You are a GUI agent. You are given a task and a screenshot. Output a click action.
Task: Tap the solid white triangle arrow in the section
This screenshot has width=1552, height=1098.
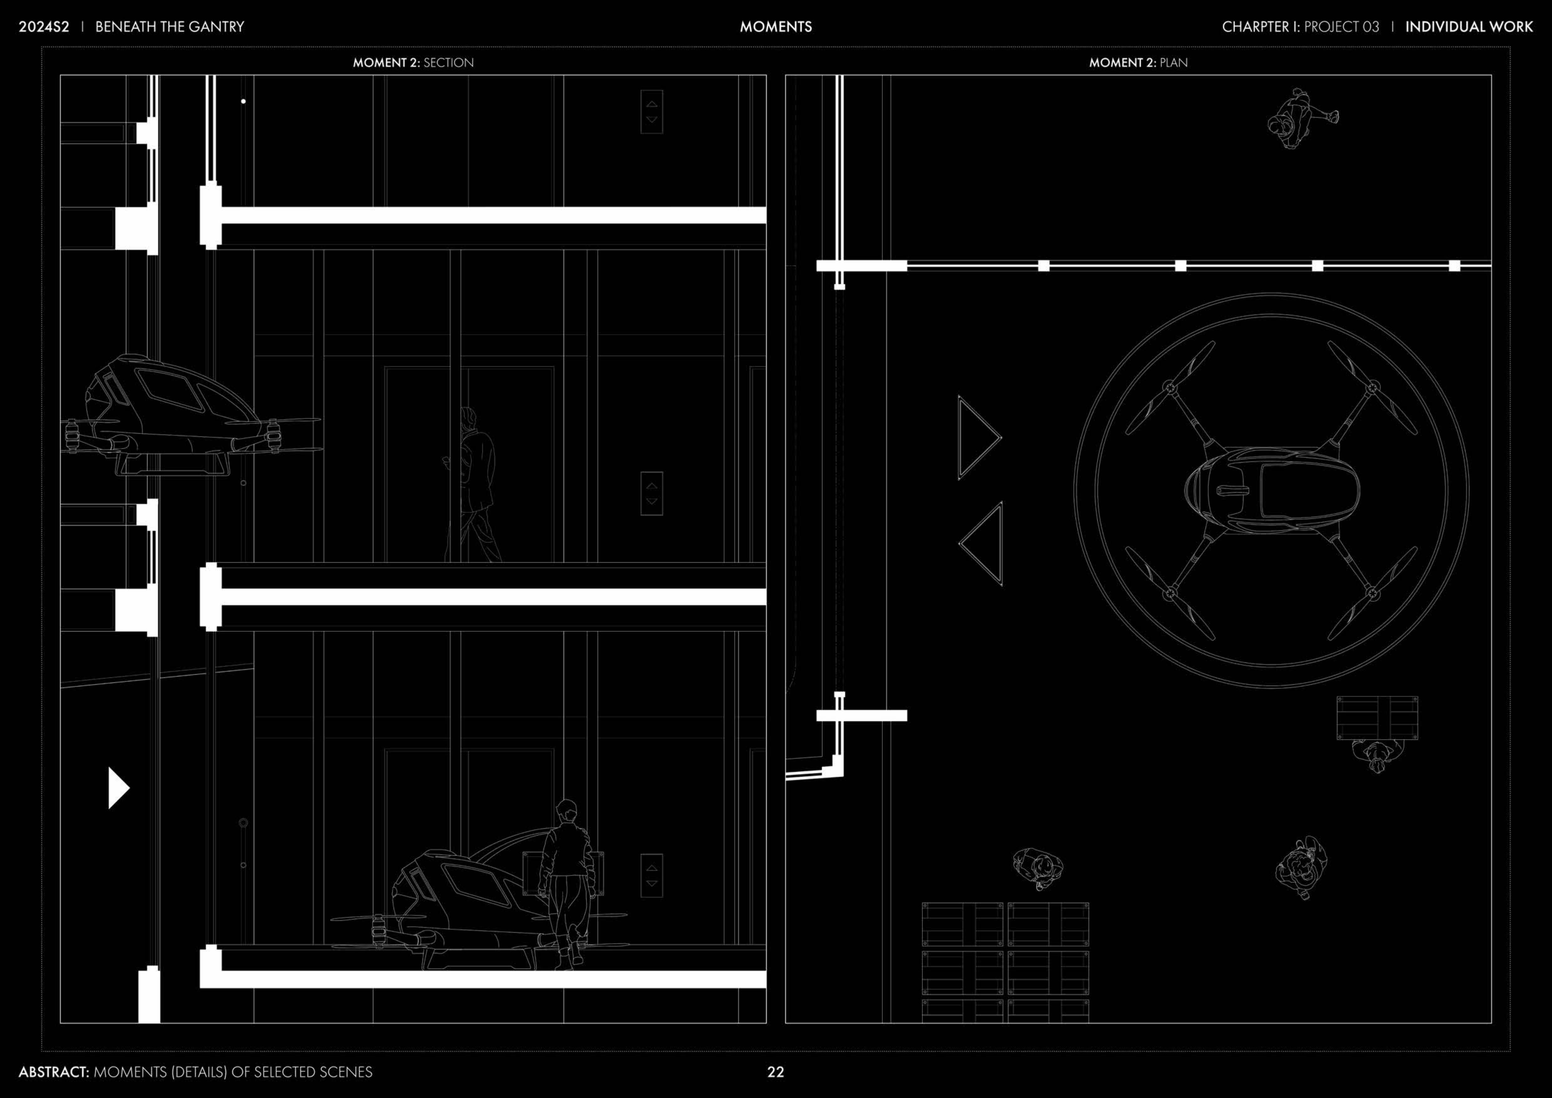[x=118, y=788]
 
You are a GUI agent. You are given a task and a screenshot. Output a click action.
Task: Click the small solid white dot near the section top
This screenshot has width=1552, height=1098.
[x=243, y=101]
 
